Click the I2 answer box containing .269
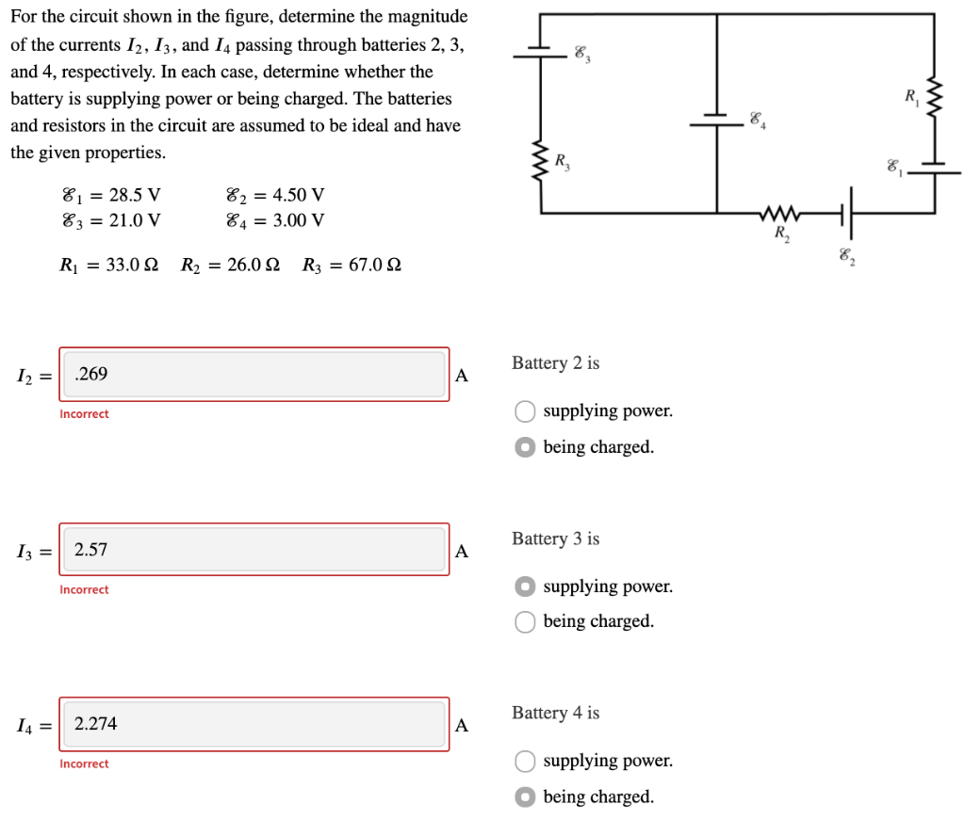tap(254, 375)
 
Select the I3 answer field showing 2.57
tap(254, 550)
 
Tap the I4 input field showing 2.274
tap(254, 724)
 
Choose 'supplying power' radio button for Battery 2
tap(525, 411)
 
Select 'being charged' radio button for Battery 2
tap(525, 447)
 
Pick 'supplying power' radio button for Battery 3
tap(525, 587)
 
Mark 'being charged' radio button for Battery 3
tap(525, 621)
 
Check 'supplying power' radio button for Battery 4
tap(525, 761)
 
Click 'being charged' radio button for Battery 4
tap(525, 796)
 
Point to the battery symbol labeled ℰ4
tap(717, 119)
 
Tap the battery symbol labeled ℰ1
tap(936, 168)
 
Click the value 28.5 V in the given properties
tap(135, 196)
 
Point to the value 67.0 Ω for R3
tap(374, 265)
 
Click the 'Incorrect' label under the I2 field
tap(84, 414)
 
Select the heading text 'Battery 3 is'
tap(555, 539)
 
